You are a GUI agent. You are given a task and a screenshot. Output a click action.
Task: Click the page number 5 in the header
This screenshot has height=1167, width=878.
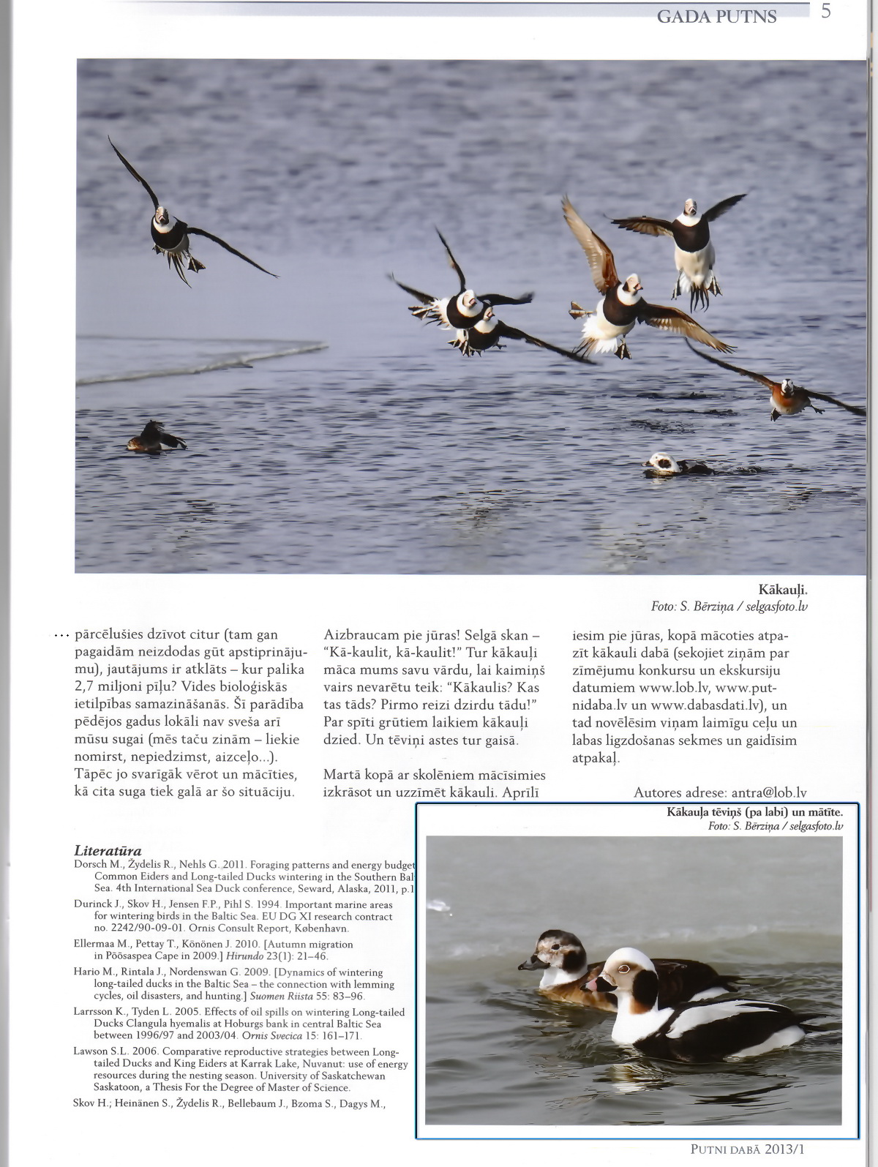pyautogui.click(x=826, y=12)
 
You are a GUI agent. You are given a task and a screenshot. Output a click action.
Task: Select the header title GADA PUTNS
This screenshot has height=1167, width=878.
pyautogui.click(x=716, y=16)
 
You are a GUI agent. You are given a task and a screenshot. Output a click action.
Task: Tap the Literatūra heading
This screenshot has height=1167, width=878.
pyautogui.click(x=108, y=851)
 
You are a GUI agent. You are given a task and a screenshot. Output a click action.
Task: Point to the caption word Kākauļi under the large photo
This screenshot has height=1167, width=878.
pyautogui.click(x=782, y=590)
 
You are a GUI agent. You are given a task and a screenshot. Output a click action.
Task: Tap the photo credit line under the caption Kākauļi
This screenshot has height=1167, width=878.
pyautogui.click(x=729, y=607)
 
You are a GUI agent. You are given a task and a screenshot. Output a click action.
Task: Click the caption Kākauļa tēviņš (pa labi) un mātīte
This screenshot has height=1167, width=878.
pyautogui.click(x=754, y=811)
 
